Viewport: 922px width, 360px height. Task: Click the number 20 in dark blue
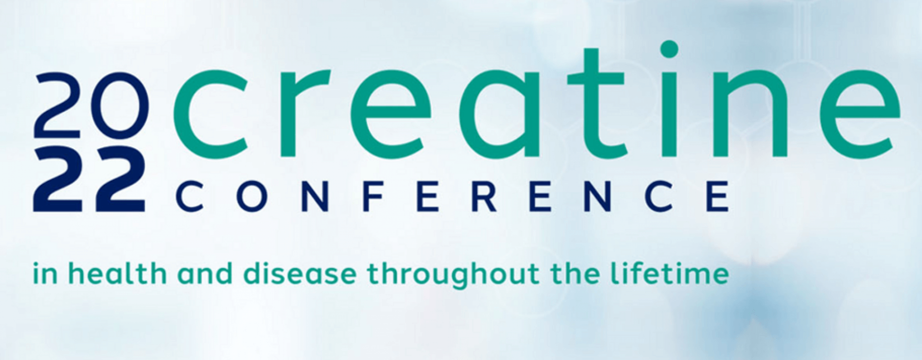90,106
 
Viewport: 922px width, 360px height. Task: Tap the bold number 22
89,180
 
